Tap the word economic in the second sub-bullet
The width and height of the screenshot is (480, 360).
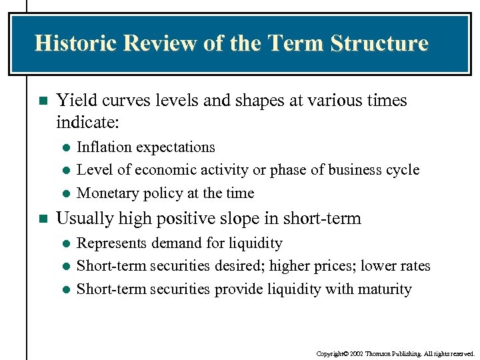pyautogui.click(x=161, y=170)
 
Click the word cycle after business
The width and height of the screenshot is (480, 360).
pyautogui.click(x=403, y=170)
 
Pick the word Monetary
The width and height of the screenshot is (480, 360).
pyautogui.click(x=105, y=193)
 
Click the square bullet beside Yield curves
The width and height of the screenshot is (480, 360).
pyautogui.click(x=43, y=101)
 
